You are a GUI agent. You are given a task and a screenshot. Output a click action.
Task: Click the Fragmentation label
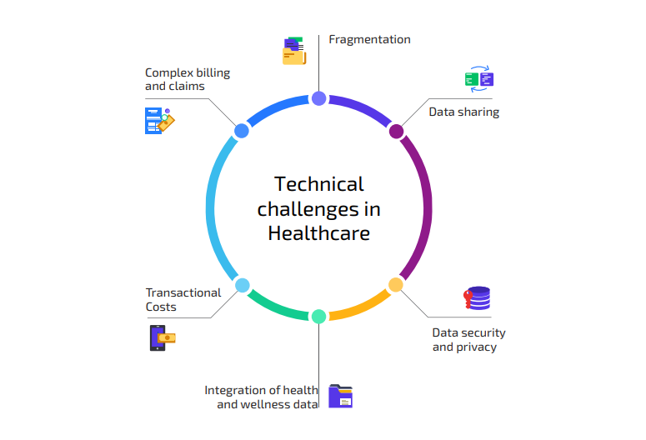coord(369,39)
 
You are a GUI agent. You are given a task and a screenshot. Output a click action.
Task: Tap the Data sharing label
coord(464,112)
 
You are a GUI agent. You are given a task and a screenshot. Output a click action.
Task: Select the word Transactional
coord(183,292)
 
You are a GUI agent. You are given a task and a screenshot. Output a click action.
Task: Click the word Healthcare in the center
coord(319,233)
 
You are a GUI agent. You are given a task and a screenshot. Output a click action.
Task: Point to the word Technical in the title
coord(319,184)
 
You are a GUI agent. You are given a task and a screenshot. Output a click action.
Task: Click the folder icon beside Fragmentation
coord(294,51)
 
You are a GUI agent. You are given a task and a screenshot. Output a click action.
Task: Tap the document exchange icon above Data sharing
coord(479,78)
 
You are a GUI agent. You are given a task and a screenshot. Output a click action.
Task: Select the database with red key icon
coord(477,297)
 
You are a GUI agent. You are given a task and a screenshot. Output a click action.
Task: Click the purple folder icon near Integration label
coord(340,397)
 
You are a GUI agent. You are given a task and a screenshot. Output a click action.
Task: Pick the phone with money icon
coord(163,337)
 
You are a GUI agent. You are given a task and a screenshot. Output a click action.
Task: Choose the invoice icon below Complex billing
coord(159,121)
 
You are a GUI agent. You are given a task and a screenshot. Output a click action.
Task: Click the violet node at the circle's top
coord(319,98)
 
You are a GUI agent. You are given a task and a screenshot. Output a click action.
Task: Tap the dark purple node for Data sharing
coord(396,132)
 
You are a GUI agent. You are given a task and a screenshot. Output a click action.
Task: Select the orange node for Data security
coord(395,285)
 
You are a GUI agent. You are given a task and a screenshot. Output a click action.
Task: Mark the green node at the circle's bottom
coord(318,317)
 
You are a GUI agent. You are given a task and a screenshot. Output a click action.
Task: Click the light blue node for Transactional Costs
coord(243,285)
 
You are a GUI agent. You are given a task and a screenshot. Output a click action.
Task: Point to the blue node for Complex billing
coord(242,131)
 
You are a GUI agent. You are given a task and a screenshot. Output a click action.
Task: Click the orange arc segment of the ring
coord(363,307)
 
